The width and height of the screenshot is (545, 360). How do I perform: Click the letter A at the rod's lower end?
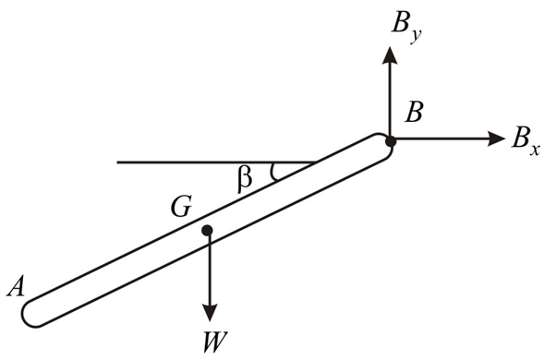(16, 288)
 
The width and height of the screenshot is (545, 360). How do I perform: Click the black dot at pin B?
(390, 141)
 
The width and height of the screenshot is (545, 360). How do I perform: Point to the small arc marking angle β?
(272, 172)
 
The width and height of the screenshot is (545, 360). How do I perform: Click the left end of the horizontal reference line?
(118, 162)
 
